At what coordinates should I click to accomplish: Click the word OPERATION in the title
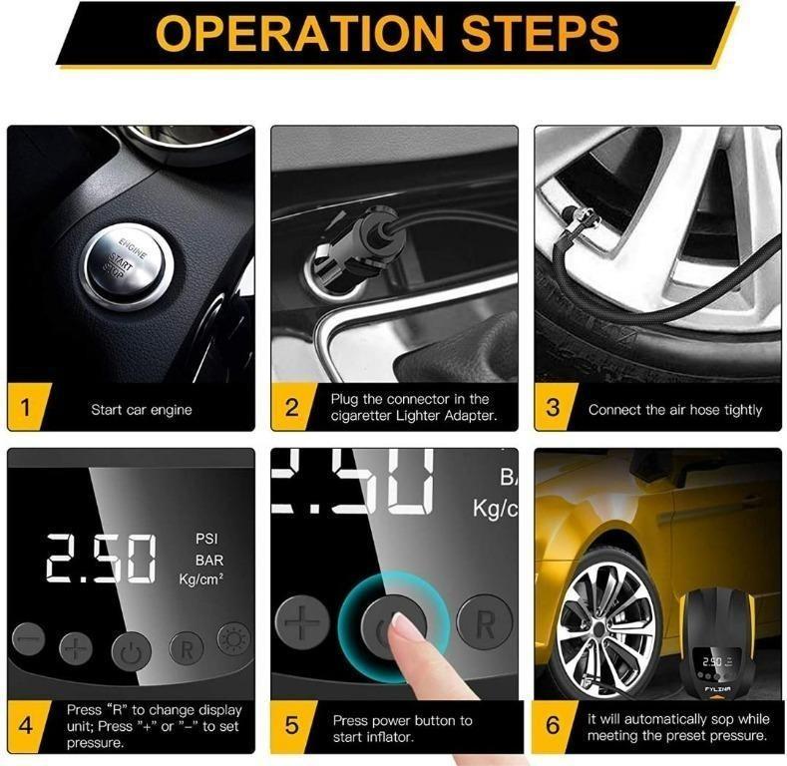(x=299, y=33)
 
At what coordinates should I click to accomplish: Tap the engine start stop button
(x=128, y=266)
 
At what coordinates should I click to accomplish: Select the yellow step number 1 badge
(x=27, y=407)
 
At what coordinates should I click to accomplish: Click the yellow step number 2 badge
(x=292, y=407)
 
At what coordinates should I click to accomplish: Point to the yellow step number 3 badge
(x=555, y=407)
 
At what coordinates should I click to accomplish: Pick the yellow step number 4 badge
(x=27, y=726)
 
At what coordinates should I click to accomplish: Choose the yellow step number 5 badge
(x=292, y=726)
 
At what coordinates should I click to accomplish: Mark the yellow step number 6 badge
(x=555, y=726)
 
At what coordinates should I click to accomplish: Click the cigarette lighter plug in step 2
(x=350, y=246)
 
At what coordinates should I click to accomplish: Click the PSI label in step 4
(x=206, y=539)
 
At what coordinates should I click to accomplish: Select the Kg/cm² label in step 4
(x=200, y=579)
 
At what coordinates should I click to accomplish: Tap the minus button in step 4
(x=28, y=639)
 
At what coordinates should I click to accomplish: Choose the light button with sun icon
(x=233, y=639)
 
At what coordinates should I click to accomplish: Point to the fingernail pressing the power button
(x=404, y=623)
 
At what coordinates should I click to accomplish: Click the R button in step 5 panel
(x=485, y=623)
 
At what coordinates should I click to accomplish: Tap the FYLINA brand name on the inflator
(x=717, y=689)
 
